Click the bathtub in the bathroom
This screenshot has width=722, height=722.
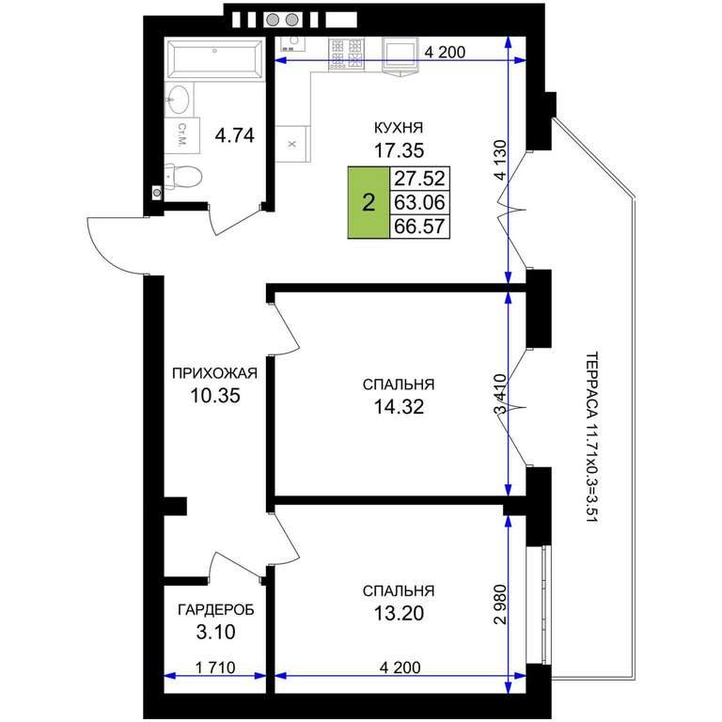click(x=214, y=60)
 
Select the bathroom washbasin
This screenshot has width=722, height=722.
click(x=179, y=100)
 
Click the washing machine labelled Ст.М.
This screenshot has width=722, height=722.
click(x=182, y=135)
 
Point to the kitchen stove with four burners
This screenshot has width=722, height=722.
click(x=346, y=55)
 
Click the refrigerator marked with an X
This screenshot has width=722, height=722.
click(x=291, y=144)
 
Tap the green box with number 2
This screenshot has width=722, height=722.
click(x=369, y=202)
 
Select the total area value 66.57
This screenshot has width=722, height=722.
click(x=420, y=227)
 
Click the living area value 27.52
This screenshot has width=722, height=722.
click(x=420, y=179)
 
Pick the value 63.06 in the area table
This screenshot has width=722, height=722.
click(x=420, y=202)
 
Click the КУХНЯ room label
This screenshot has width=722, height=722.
click(x=399, y=128)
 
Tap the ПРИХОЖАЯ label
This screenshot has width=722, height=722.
click(x=214, y=373)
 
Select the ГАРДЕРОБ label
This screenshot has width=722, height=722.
click(x=216, y=610)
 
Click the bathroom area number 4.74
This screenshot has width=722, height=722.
click(x=235, y=135)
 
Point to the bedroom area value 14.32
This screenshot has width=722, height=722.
click(x=399, y=407)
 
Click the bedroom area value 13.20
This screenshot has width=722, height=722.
click(x=399, y=613)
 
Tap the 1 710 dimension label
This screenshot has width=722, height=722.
click(x=215, y=667)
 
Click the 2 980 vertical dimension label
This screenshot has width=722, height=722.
click(x=499, y=604)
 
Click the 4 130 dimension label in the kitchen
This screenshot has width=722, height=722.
click(x=499, y=159)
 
